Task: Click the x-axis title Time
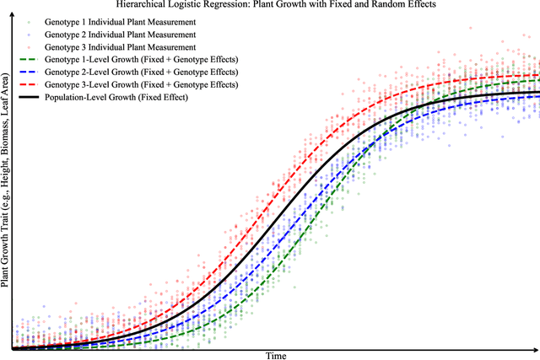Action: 276,356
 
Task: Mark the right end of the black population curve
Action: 538,92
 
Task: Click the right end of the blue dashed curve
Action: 538,96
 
